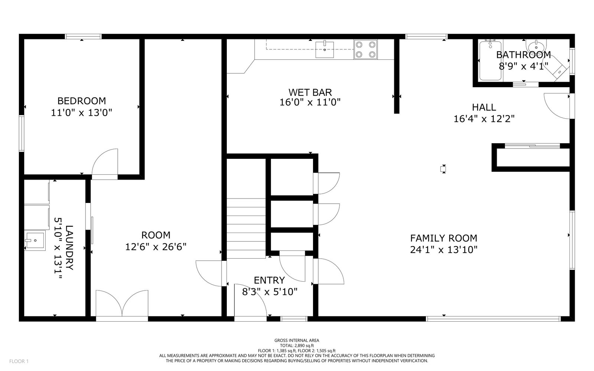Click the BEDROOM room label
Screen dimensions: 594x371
[x=82, y=101]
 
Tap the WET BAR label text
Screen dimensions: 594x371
[x=310, y=92]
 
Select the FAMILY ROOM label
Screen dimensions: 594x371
[x=444, y=238]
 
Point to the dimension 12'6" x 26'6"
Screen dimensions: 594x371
[x=156, y=247]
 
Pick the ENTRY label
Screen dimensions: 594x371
[x=270, y=280]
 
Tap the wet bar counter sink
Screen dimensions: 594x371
[x=324, y=50]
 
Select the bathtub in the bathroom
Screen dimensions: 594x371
[x=490, y=60]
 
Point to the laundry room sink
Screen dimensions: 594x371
[x=35, y=240]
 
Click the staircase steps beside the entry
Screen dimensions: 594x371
[x=246, y=229]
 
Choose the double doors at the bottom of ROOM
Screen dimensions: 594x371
[x=122, y=303]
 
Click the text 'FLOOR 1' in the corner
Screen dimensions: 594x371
[x=19, y=361]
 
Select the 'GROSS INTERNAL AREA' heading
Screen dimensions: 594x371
[x=297, y=341]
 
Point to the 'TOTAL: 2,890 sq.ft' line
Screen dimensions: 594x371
[x=297, y=345]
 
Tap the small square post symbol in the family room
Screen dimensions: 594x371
[x=443, y=169]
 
